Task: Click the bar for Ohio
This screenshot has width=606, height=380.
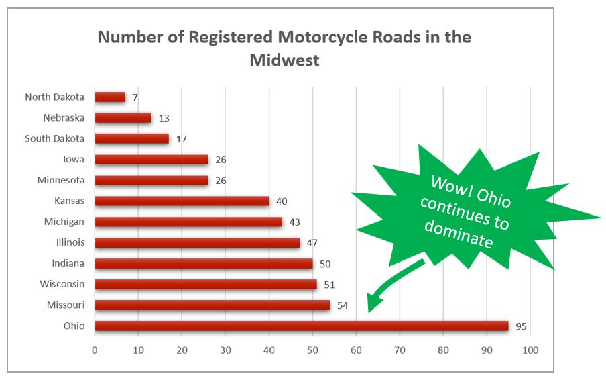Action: click(x=302, y=326)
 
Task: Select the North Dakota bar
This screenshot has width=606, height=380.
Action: click(x=110, y=97)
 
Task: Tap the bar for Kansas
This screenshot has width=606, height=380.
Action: click(x=182, y=201)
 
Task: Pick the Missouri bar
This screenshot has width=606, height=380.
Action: click(x=213, y=305)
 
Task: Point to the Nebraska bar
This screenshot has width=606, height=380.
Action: click(x=123, y=118)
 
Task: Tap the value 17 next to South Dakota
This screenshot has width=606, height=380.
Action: click(x=181, y=139)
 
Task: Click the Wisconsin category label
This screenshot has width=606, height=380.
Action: click(x=61, y=284)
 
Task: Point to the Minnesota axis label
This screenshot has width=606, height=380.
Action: click(x=60, y=180)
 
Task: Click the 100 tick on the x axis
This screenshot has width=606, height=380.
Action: click(x=530, y=350)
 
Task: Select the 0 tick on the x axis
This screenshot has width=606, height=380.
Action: click(x=95, y=350)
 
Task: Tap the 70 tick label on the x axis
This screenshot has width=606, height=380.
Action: click(x=400, y=350)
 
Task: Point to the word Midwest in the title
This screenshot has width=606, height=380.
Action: click(x=284, y=60)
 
